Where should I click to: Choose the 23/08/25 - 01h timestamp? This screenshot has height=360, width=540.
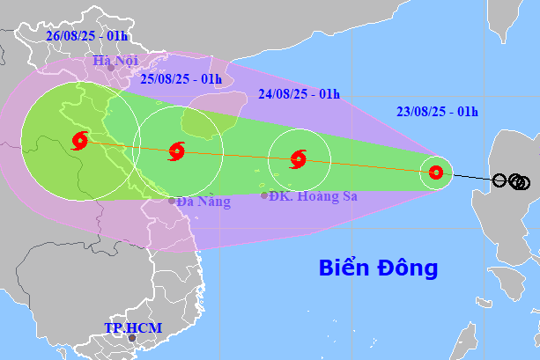point(437,111)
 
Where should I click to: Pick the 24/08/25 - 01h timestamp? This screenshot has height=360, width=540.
point(300,92)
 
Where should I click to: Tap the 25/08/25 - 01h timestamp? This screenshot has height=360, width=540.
point(181,79)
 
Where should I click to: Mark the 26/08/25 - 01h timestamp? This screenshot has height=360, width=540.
point(86,36)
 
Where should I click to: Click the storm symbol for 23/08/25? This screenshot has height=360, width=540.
point(435,173)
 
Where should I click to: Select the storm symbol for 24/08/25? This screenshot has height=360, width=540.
point(298,159)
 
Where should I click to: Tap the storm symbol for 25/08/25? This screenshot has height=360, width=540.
point(175,151)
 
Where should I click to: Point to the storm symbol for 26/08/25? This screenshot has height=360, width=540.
point(79,140)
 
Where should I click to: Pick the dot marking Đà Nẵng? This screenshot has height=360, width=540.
point(173,201)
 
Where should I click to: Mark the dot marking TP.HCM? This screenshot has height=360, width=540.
point(132,338)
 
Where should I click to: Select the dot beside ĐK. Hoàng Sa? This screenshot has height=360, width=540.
point(265,195)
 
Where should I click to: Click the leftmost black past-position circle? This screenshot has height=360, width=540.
point(499,180)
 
